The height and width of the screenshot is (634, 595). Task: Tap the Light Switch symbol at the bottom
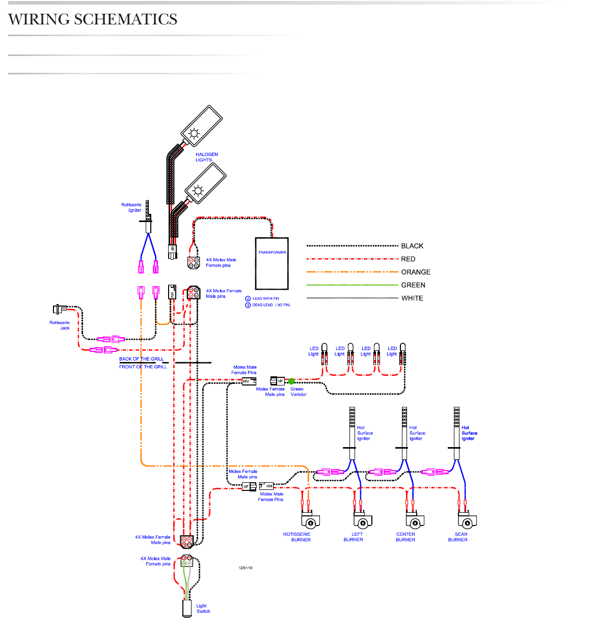(x=186, y=609)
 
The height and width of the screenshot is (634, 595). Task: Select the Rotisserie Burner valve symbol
(x=310, y=521)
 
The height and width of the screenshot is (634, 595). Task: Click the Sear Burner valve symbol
(x=467, y=521)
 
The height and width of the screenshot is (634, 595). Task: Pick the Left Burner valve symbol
(x=362, y=521)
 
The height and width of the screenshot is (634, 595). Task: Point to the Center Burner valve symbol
(x=415, y=521)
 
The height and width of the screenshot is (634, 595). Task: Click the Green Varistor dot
(x=291, y=381)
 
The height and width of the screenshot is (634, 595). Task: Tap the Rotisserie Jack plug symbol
(x=60, y=309)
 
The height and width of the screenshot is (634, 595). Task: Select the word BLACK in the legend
(x=412, y=246)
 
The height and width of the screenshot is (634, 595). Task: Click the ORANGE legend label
(x=416, y=272)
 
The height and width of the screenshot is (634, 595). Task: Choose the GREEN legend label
(x=413, y=285)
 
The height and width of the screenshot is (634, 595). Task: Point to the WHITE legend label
(x=412, y=298)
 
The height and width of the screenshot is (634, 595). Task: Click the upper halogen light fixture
(x=202, y=126)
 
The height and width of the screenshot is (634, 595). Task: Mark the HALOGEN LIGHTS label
(x=206, y=157)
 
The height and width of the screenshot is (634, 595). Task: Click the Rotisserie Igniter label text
(x=131, y=207)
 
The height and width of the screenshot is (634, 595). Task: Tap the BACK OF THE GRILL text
(x=142, y=359)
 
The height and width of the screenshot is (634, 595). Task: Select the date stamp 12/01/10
(x=245, y=568)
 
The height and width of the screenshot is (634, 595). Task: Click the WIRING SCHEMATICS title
(x=93, y=19)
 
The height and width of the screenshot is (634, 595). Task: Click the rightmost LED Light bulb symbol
(x=402, y=351)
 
